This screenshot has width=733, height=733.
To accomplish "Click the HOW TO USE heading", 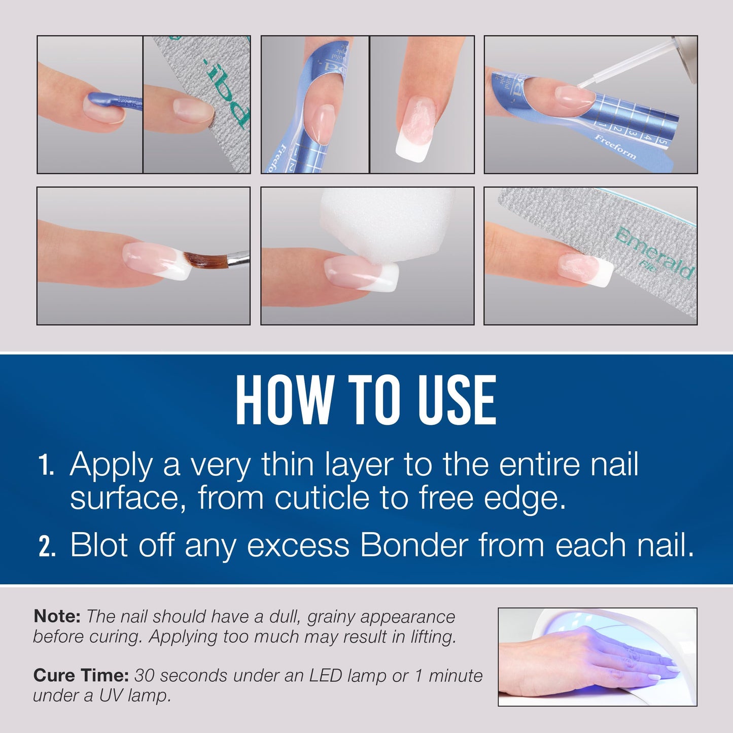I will (366, 401).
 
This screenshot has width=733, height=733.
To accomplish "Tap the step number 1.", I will (46, 466).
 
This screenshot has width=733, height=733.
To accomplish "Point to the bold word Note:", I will (57, 616).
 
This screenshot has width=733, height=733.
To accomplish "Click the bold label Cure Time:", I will (81, 676).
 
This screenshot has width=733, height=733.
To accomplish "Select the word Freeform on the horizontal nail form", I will (615, 147).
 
